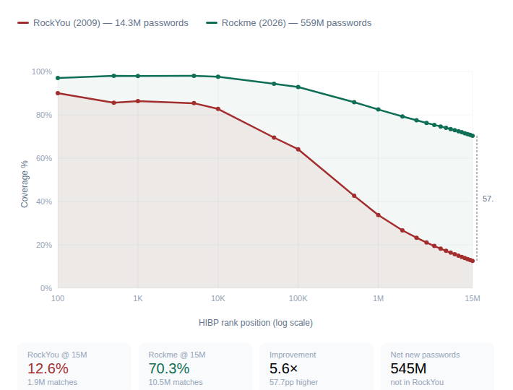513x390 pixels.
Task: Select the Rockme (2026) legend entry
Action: pyautogui.click(x=289, y=23)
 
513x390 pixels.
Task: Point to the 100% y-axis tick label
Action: pyautogui.click(x=41, y=72)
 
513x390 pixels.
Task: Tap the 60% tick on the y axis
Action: pyautogui.click(x=43, y=158)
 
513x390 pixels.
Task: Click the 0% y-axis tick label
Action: pyautogui.click(x=46, y=288)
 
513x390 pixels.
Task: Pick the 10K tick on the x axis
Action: pyautogui.click(x=218, y=298)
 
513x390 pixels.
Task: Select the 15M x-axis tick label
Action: pyautogui.click(x=473, y=298)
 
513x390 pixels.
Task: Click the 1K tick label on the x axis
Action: pyautogui.click(x=138, y=298)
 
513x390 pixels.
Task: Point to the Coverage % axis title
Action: pyautogui.click(x=25, y=184)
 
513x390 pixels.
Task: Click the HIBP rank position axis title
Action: pyautogui.click(x=256, y=323)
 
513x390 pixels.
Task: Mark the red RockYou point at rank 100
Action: pyautogui.click(x=58, y=93)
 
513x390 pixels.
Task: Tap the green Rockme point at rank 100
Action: pyautogui.click(x=58, y=78)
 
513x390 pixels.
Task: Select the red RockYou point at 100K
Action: pyautogui.click(x=298, y=149)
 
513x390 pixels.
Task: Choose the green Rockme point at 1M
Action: pyautogui.click(x=379, y=109)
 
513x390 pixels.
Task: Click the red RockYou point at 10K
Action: pyautogui.click(x=218, y=109)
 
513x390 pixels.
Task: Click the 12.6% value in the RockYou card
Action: pyautogui.click(x=48, y=368)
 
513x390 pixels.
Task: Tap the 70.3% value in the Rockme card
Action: pyautogui.click(x=169, y=368)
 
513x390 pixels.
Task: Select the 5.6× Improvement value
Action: pyautogui.click(x=283, y=368)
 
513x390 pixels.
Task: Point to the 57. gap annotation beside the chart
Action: pyautogui.click(x=488, y=198)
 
